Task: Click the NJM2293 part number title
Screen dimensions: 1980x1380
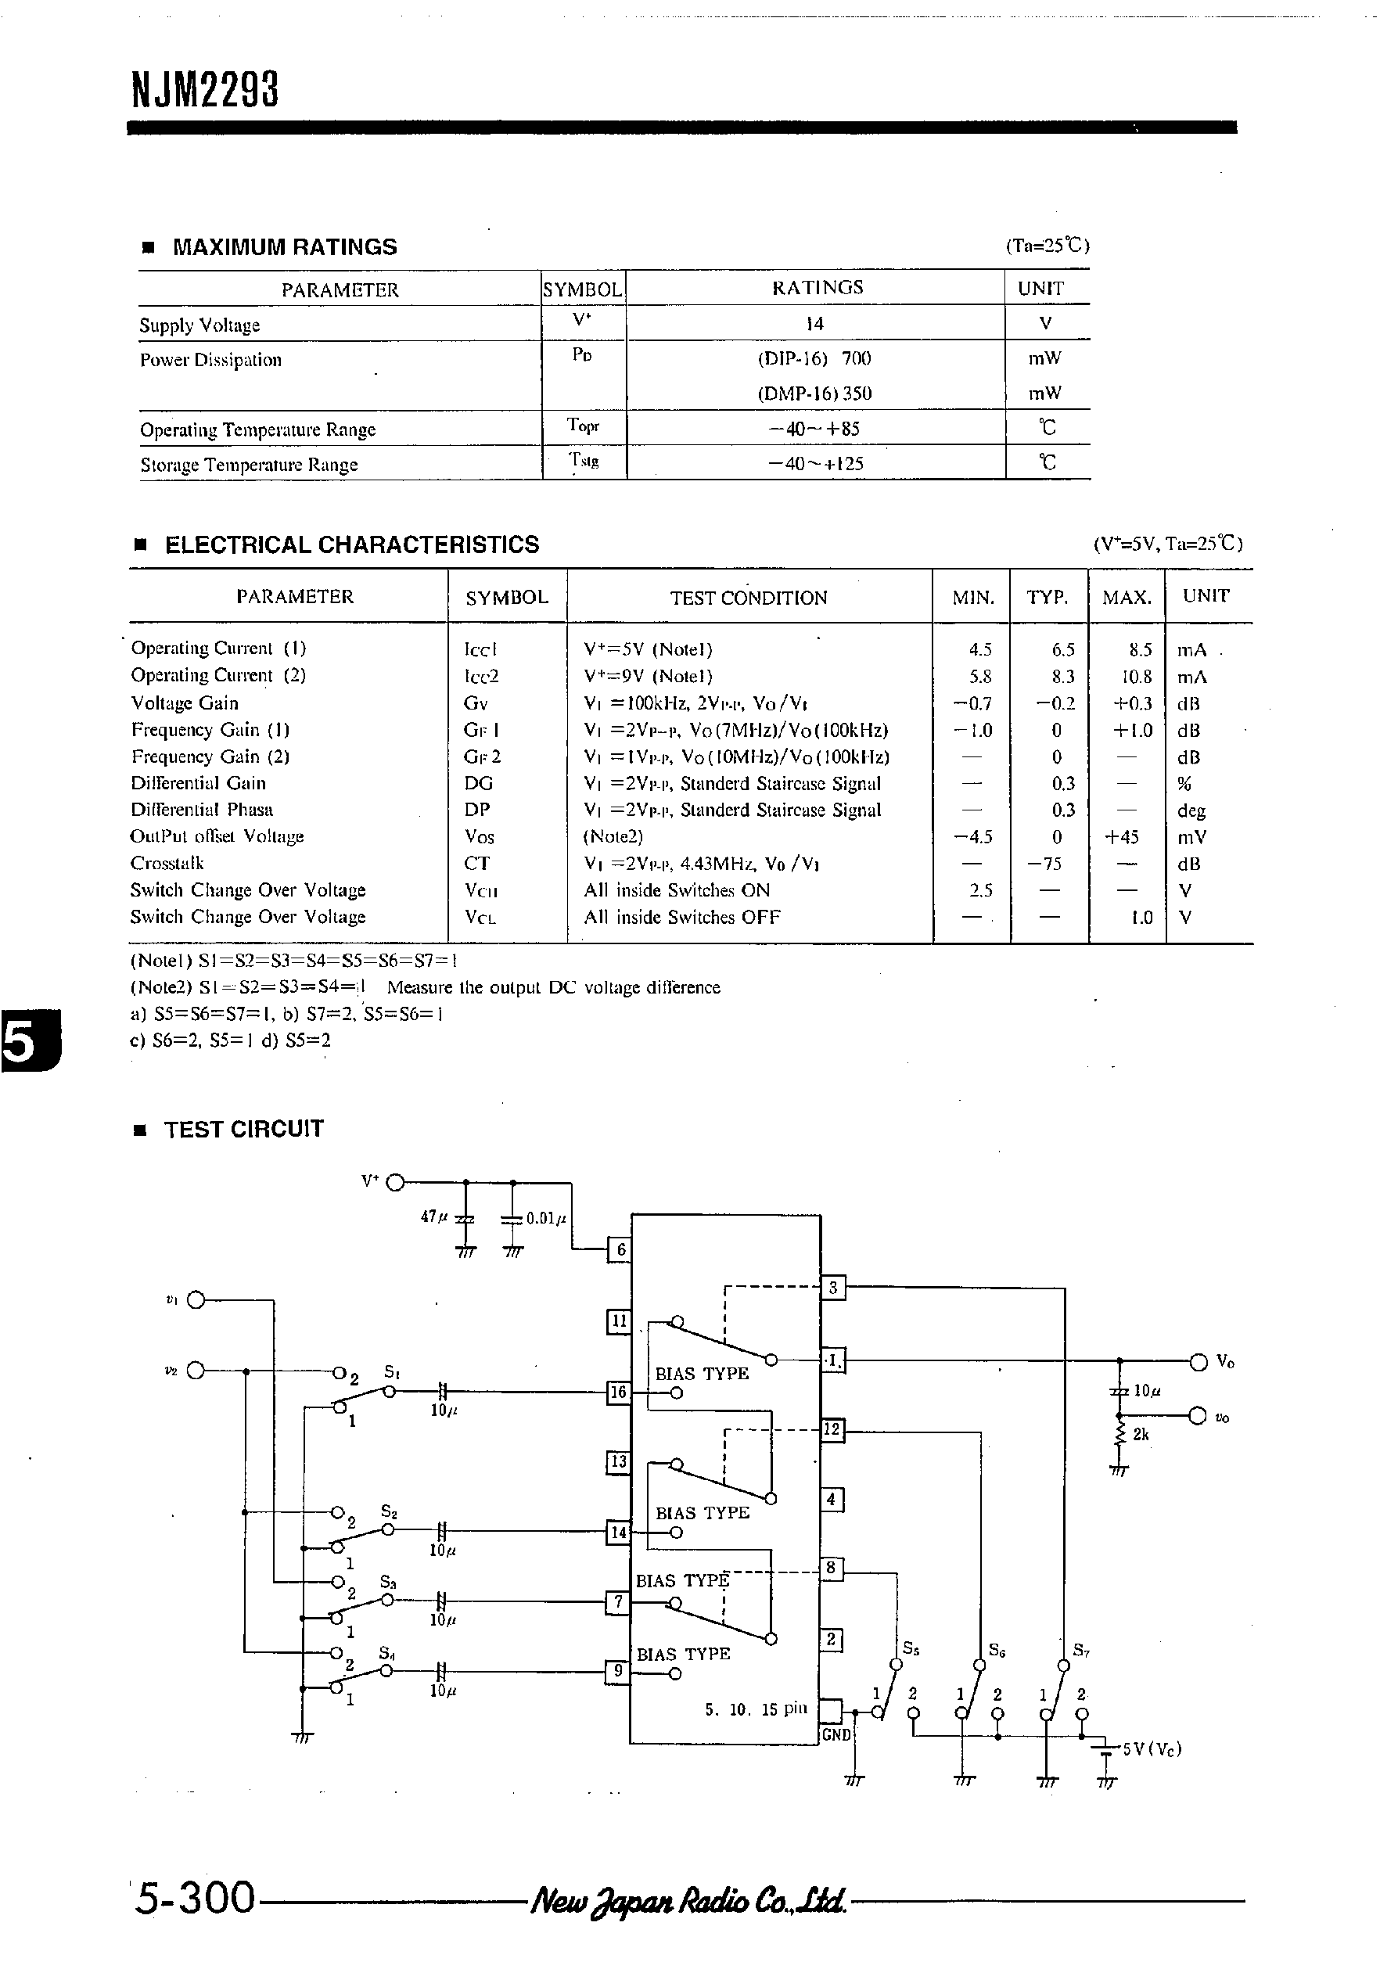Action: coord(205,90)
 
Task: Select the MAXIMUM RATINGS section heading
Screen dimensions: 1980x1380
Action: coord(285,247)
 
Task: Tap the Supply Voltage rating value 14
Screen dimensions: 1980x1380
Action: coord(814,323)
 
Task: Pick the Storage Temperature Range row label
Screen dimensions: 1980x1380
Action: coord(249,465)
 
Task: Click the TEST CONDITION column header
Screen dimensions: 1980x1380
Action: coord(749,598)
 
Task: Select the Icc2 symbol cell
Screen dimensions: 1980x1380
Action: coord(481,676)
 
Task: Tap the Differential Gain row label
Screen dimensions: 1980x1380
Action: coord(199,783)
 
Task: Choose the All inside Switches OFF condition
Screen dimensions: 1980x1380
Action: coord(681,917)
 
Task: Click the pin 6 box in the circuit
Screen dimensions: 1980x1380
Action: coord(620,1249)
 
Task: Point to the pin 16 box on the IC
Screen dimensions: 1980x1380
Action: coord(618,1392)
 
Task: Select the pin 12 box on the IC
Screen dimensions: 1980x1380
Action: coord(832,1429)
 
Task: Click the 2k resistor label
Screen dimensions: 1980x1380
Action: coord(1141,1434)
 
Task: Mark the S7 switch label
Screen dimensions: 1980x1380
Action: coord(1082,1651)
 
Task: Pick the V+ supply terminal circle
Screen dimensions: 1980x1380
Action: coord(395,1182)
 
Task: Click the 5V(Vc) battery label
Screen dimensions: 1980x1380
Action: coord(1152,1749)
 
